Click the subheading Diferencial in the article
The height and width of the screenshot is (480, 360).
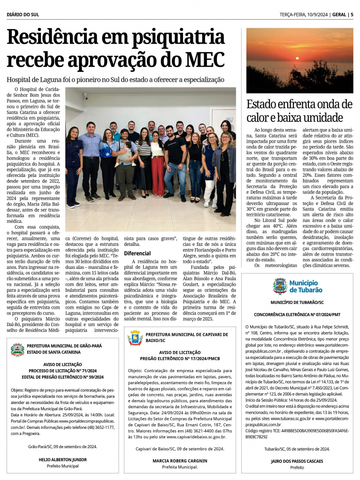point(137,253)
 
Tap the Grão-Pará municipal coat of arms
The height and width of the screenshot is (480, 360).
point(17,349)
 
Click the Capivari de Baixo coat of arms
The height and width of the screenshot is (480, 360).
point(135,337)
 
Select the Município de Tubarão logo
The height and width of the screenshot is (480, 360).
point(298,286)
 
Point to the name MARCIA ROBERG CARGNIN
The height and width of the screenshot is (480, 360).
point(180,461)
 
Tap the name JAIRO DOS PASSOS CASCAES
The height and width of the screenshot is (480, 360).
point(297,461)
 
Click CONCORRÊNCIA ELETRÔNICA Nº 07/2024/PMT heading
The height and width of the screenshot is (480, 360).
point(297,314)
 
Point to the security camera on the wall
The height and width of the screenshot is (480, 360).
point(85,96)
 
